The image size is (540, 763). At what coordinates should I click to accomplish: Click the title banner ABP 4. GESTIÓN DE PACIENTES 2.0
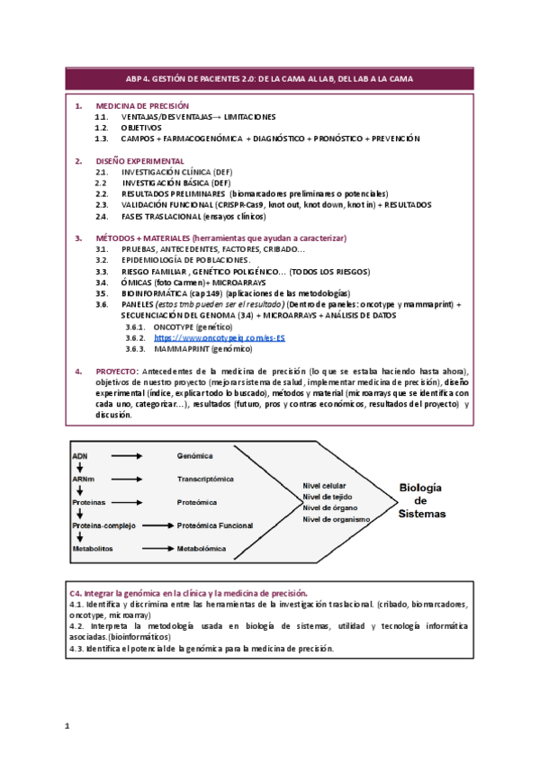pos(270,79)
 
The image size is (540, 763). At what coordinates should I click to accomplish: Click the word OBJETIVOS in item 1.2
pos(141,128)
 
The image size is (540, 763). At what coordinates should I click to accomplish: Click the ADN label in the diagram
pos(80,456)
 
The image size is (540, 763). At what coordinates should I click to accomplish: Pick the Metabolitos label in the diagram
pos(94,547)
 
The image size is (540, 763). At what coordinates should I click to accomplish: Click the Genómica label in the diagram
pos(195,456)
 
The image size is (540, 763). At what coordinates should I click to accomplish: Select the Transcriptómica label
pos(205,480)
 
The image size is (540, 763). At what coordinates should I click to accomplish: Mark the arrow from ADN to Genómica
pos(127,456)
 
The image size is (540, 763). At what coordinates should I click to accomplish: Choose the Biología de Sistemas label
pos(420,499)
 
